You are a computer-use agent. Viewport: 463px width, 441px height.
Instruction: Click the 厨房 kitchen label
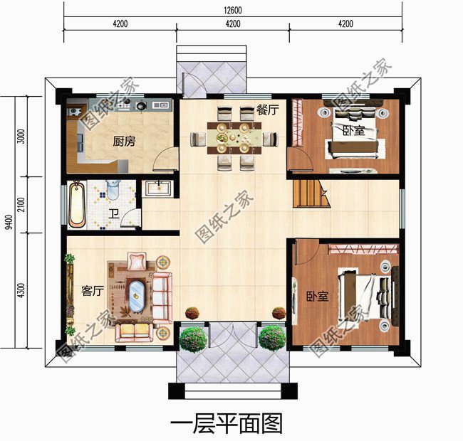[x=123, y=142]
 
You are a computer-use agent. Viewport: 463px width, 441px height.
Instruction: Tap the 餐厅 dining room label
[x=267, y=110]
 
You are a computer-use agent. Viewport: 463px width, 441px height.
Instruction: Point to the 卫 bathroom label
[x=113, y=213]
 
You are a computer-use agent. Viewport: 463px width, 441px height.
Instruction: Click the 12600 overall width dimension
[x=232, y=9]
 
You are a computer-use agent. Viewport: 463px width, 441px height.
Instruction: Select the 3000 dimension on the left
[x=21, y=137]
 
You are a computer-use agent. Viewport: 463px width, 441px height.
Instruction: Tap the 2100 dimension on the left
[x=21, y=205]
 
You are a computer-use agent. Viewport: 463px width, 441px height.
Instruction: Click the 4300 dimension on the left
[x=21, y=290]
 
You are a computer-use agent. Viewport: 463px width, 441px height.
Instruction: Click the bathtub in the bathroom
[x=77, y=204]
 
